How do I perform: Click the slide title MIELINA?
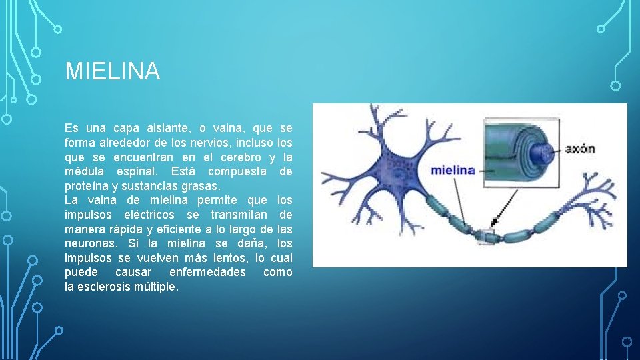[112, 71]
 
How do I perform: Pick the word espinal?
[137, 171]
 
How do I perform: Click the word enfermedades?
[207, 273]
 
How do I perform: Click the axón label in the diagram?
[580, 148]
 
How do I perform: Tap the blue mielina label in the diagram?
[453, 169]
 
